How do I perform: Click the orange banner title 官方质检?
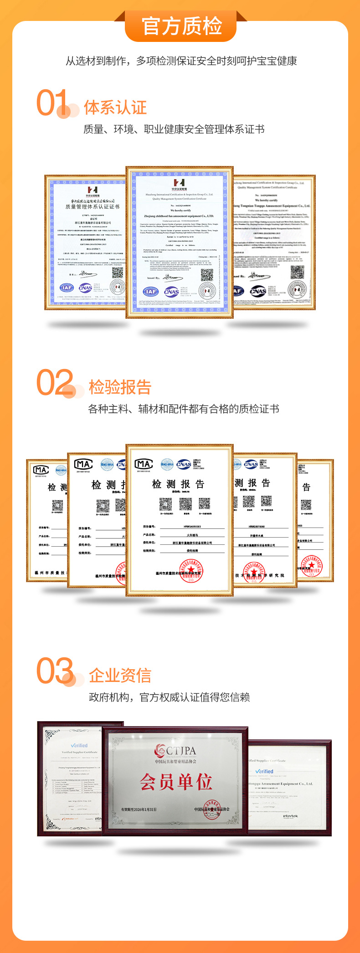click(x=181, y=26)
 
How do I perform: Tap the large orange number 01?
click(x=52, y=102)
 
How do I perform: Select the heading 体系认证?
click(x=115, y=108)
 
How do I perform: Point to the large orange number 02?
click(x=55, y=383)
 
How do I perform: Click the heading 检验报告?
click(x=120, y=387)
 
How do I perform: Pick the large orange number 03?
click(x=55, y=671)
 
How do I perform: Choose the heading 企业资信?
click(x=120, y=676)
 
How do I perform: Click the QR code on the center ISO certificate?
click(x=207, y=275)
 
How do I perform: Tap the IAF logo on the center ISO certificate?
click(x=151, y=292)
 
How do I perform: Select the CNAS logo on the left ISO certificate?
click(x=85, y=288)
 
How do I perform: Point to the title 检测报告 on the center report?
click(x=178, y=484)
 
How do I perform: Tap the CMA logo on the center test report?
click(x=144, y=464)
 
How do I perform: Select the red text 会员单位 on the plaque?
click(x=176, y=782)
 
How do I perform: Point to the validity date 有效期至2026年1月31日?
click(x=139, y=810)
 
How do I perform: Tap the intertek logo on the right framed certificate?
click(x=290, y=816)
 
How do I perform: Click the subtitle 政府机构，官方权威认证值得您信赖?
click(x=169, y=697)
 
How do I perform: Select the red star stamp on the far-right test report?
click(x=311, y=566)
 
